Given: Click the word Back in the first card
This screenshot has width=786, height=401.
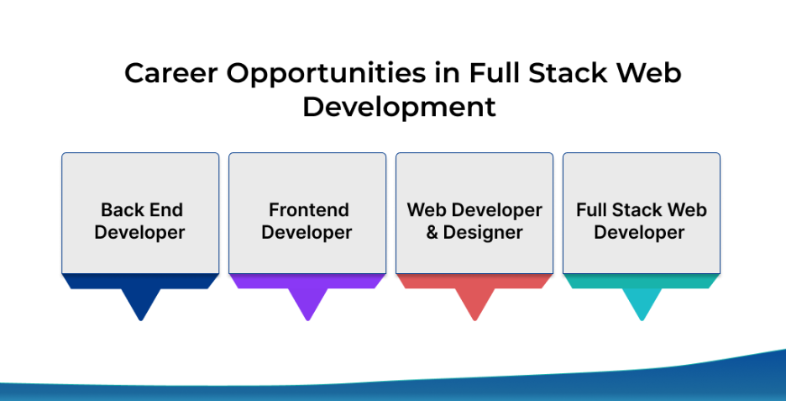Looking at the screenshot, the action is [120, 210].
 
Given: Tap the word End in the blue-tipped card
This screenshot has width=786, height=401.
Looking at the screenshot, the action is [164, 210].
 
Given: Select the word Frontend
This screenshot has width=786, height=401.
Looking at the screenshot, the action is [308, 210].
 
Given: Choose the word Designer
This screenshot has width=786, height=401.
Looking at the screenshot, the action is [483, 232].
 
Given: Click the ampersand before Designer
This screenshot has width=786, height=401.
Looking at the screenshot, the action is [432, 232].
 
